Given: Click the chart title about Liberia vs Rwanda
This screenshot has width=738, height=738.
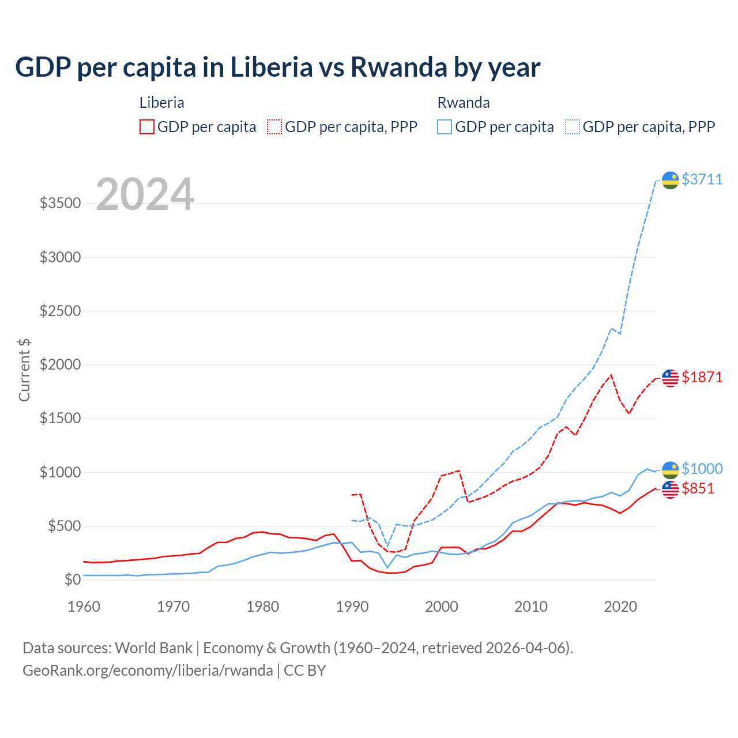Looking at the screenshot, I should click(277, 67).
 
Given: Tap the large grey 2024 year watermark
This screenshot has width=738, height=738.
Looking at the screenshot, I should click(145, 194).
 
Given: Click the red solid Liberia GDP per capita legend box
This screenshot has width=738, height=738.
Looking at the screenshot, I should click(147, 127).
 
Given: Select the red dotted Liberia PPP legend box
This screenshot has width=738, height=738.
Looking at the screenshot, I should click(274, 127).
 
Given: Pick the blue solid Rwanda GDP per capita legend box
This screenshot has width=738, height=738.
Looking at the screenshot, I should click(445, 127).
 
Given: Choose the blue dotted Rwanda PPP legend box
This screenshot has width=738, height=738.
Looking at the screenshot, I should click(573, 127).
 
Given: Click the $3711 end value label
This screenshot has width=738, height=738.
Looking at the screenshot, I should click(702, 179).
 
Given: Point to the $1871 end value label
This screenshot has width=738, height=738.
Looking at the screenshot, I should click(702, 377).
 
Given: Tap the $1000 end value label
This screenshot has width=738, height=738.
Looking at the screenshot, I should click(702, 469).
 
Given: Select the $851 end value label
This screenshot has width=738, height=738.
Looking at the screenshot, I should click(698, 488).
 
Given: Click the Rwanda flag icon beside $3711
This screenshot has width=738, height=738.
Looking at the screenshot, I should click(670, 180).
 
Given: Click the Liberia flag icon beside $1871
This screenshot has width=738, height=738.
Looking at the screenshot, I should click(670, 378).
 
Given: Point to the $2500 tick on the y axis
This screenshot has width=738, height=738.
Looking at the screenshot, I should click(60, 311).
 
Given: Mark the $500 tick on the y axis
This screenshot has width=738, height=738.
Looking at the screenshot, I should click(64, 526).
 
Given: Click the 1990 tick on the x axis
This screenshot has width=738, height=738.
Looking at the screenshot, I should click(352, 607).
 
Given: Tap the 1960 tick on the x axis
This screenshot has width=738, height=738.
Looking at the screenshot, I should click(84, 607).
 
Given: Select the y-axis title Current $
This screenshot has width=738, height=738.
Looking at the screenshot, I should click(24, 370).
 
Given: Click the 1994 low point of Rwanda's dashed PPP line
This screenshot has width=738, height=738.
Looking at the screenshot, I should click(387, 546).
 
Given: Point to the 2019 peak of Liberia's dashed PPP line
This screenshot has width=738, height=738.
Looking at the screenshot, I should click(611, 375).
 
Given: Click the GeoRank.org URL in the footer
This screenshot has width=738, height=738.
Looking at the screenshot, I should click(148, 671).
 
